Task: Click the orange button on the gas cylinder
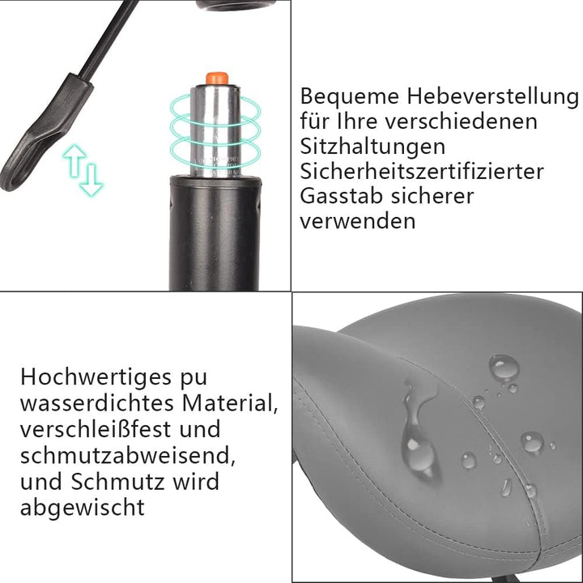(x=216, y=78)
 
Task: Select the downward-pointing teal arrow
(x=91, y=178)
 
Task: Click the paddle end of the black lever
(x=32, y=138)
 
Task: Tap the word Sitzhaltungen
(x=372, y=147)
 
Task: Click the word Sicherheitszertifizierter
(x=421, y=172)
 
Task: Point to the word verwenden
(x=357, y=221)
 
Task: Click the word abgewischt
(x=83, y=508)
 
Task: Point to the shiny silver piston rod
(x=215, y=130)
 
